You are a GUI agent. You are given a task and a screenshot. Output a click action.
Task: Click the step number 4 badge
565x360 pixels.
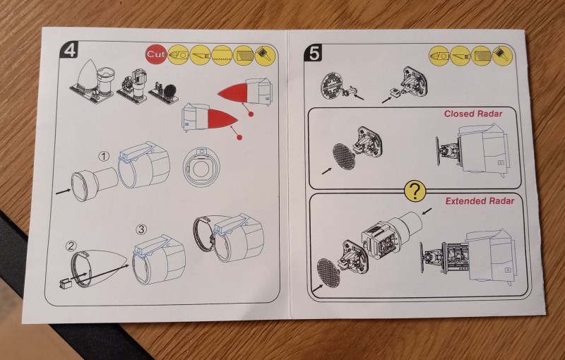(x=69, y=50)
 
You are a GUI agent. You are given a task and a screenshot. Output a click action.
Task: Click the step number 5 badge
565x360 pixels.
(x=313, y=53)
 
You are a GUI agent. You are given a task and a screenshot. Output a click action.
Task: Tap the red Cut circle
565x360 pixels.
(x=155, y=54)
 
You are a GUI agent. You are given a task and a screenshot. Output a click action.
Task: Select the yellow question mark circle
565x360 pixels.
(x=415, y=191)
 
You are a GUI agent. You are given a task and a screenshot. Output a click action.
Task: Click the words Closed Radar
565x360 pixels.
(x=472, y=114)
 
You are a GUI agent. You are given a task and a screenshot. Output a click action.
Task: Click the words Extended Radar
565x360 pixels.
(x=480, y=201)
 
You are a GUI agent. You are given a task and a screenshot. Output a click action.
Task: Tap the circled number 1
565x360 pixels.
(x=104, y=156)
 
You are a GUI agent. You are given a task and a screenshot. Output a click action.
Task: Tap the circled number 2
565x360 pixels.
(x=71, y=246)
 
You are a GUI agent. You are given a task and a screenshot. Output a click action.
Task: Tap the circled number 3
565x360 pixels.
(x=141, y=229)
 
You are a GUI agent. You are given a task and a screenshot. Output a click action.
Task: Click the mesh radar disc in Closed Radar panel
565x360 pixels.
(x=343, y=157)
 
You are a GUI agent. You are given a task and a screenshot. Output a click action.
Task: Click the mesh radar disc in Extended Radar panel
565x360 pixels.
(x=328, y=272)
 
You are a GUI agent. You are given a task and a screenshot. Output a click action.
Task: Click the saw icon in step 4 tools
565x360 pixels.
(x=222, y=55)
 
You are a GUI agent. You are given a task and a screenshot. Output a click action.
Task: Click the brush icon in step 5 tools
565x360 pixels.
(x=503, y=56)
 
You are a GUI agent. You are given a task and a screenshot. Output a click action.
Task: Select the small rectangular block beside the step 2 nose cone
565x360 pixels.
(x=65, y=284)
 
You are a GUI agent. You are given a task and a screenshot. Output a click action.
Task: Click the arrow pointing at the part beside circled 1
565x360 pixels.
(x=63, y=191)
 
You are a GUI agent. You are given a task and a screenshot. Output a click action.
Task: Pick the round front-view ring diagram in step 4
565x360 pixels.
(x=201, y=167)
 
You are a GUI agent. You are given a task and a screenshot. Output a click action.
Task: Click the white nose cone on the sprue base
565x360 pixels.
(x=88, y=76)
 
